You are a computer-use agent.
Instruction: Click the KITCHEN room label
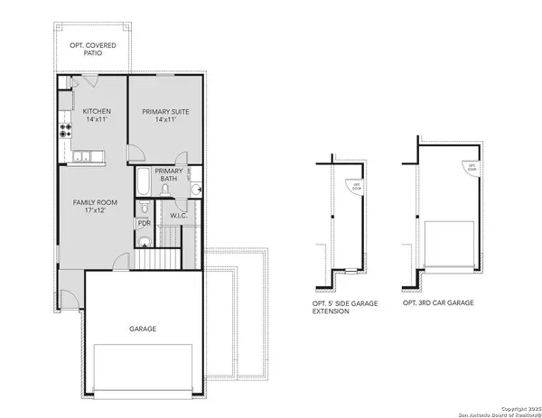click(97, 112)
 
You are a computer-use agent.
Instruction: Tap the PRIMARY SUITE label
click(164, 112)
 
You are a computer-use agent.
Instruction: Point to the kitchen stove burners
click(66, 131)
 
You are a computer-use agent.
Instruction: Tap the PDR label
click(144, 223)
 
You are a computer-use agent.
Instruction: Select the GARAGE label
click(142, 330)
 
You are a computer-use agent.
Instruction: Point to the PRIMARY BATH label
click(170, 175)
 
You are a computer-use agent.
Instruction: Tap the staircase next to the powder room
click(161, 251)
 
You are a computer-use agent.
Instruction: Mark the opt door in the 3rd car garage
click(470, 168)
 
